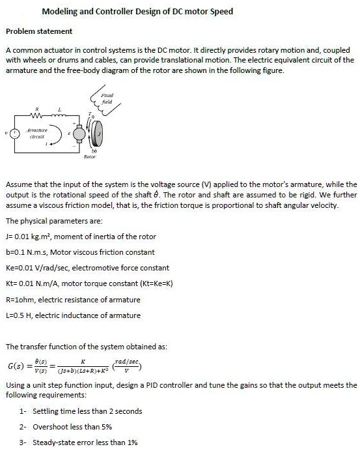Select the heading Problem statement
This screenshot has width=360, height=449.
tap(39, 31)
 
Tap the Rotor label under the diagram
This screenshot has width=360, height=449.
tap(90, 158)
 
